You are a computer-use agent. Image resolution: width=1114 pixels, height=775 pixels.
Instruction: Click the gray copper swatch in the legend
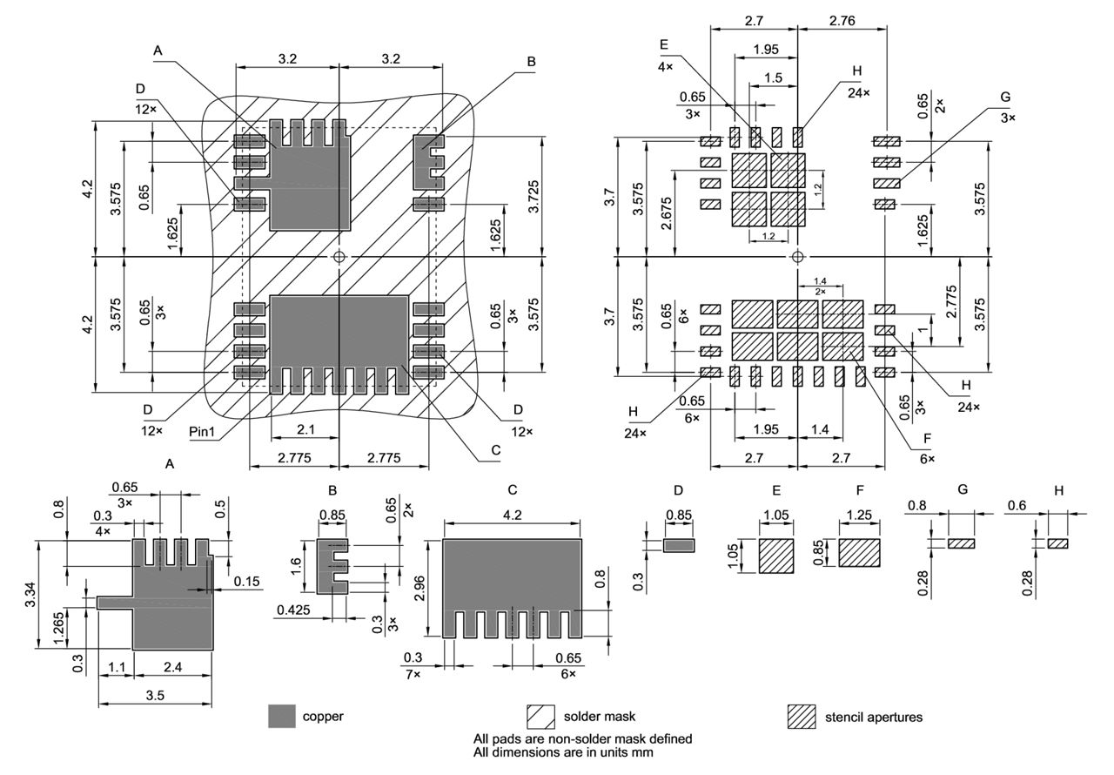(x=282, y=716)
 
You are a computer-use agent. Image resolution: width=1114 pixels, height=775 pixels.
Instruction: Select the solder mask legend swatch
(x=540, y=716)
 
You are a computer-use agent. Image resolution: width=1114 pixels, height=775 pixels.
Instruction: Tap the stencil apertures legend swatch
(x=801, y=716)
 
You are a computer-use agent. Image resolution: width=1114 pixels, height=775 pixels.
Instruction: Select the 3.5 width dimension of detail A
(x=155, y=694)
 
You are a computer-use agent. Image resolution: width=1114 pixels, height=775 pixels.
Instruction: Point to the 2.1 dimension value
(x=305, y=429)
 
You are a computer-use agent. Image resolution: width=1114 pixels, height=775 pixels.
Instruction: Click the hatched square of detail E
(x=776, y=555)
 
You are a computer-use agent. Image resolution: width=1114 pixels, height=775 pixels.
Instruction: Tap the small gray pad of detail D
(x=679, y=544)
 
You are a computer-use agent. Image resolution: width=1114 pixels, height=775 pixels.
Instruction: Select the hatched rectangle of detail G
(x=961, y=543)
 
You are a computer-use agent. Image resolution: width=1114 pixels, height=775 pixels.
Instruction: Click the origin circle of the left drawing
(x=339, y=257)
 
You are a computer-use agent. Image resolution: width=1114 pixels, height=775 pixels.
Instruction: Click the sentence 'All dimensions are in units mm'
(x=563, y=751)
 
